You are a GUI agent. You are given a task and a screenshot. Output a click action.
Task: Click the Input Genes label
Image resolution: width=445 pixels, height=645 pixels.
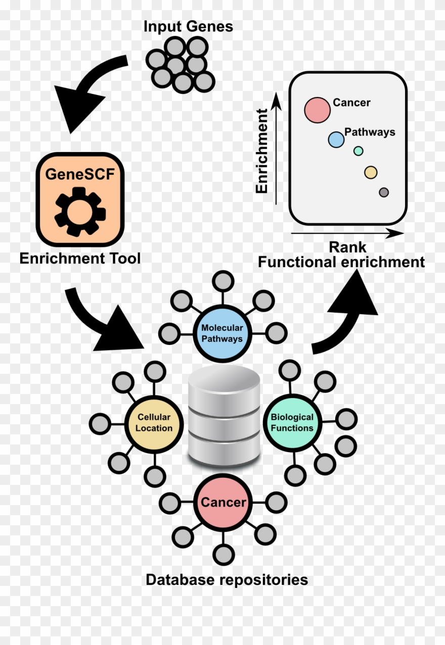pyautogui.click(x=188, y=26)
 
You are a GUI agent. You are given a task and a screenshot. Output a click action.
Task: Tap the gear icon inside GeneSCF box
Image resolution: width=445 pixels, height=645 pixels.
pyautogui.click(x=80, y=212)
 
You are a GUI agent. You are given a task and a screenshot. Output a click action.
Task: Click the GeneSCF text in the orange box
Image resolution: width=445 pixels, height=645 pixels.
pyautogui.click(x=80, y=174)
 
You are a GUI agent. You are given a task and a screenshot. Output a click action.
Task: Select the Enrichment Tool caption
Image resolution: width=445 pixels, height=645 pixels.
pyautogui.click(x=80, y=259)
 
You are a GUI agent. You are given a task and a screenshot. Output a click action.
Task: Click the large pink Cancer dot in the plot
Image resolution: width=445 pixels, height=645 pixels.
pyautogui.click(x=318, y=110)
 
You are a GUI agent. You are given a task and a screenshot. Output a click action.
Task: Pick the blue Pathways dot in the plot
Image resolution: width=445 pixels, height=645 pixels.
pyautogui.click(x=336, y=139)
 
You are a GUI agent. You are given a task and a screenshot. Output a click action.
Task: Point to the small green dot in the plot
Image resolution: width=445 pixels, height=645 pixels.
pyautogui.click(x=359, y=151)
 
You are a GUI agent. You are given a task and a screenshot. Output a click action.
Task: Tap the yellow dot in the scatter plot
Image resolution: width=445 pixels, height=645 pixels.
pyautogui.click(x=371, y=173)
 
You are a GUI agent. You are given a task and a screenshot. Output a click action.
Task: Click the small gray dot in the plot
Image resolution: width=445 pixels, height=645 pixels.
pyautogui.click(x=384, y=192)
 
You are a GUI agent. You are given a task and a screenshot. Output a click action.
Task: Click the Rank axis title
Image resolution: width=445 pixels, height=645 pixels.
pyautogui.click(x=347, y=247)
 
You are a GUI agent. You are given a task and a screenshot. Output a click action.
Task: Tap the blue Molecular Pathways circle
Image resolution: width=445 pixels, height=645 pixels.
pyautogui.click(x=222, y=333)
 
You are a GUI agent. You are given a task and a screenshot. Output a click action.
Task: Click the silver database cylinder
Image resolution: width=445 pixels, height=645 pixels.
pyautogui.click(x=224, y=417)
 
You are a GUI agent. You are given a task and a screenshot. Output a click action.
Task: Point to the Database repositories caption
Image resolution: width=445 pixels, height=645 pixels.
pyautogui.click(x=227, y=579)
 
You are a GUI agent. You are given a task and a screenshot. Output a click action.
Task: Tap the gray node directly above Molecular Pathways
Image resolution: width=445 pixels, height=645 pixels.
pyautogui.click(x=223, y=281)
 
